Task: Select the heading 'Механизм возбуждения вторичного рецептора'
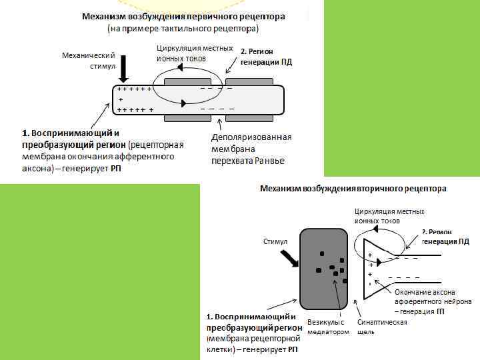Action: coord(353,189)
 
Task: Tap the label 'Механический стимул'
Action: coord(88,61)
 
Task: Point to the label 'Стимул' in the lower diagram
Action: coord(275,241)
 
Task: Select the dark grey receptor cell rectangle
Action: coord(323,266)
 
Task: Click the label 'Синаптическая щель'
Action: coord(382,327)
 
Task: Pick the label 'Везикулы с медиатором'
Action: coord(327,327)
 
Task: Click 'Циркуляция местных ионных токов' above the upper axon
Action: coord(194,53)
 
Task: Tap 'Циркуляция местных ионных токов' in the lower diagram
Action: coord(389,215)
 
